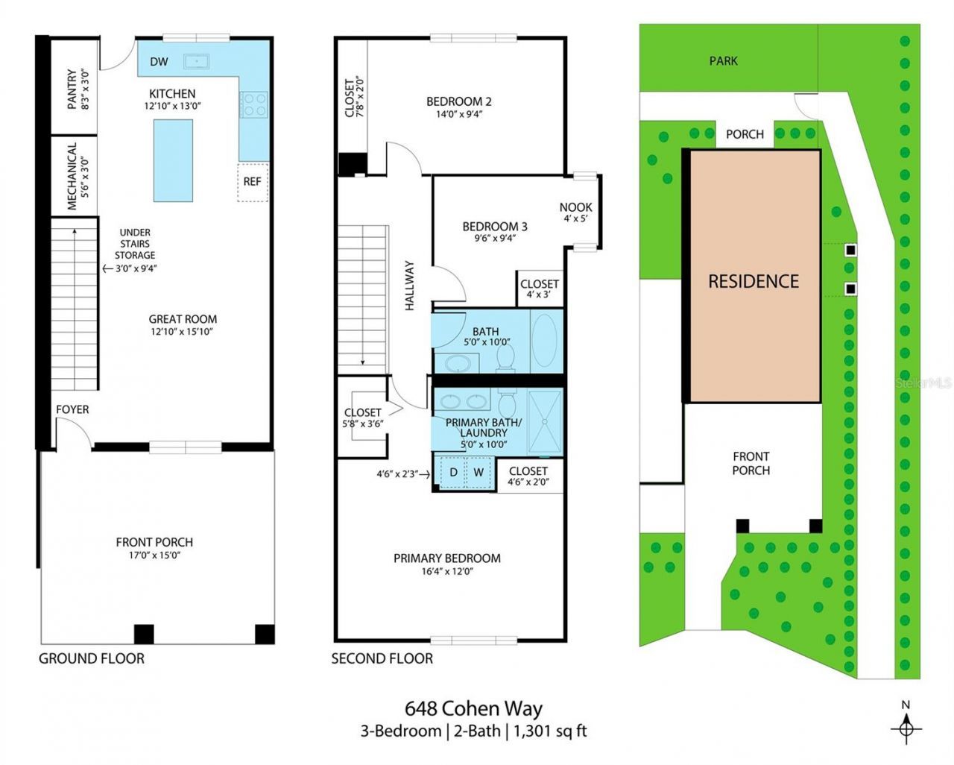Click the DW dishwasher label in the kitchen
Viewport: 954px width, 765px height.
click(x=159, y=62)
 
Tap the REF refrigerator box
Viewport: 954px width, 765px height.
click(x=253, y=180)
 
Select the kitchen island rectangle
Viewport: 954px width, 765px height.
click(x=174, y=160)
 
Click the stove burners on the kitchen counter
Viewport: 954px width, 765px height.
click(x=253, y=104)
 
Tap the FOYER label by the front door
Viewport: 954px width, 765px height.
click(x=72, y=409)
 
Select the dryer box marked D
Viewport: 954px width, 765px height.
click(x=452, y=473)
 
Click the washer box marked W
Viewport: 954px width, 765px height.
click(x=478, y=473)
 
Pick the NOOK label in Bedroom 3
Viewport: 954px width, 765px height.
click(x=575, y=207)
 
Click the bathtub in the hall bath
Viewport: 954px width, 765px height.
click(x=546, y=341)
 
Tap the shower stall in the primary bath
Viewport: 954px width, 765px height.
click(x=545, y=421)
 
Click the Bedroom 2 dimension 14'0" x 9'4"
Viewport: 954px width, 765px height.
click(x=458, y=115)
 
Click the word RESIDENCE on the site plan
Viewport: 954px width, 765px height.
click(x=753, y=281)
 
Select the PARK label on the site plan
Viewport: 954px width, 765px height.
click(x=723, y=60)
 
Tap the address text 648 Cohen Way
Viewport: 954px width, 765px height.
click(x=473, y=708)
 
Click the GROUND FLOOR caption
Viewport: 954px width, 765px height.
click(x=92, y=658)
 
